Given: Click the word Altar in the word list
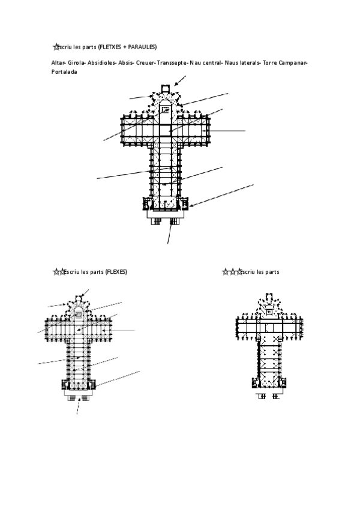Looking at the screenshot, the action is pyautogui.click(x=59, y=63).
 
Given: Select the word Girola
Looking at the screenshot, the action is pyautogui.click(x=76, y=63).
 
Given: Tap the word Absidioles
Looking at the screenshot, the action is pyautogui.click(x=101, y=63).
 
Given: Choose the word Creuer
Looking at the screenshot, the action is pyautogui.click(x=146, y=63).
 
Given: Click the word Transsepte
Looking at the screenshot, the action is pyautogui.click(x=173, y=63).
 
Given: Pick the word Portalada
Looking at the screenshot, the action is pyautogui.click(x=65, y=72).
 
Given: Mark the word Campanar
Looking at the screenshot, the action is pyautogui.click(x=291, y=63).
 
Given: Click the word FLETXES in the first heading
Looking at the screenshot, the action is pyautogui.click(x=109, y=47).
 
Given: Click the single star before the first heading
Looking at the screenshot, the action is pyautogui.click(x=56, y=47).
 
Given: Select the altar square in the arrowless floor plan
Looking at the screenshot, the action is pyautogui.click(x=270, y=312).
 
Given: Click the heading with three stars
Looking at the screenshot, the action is pyautogui.click(x=251, y=272).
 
